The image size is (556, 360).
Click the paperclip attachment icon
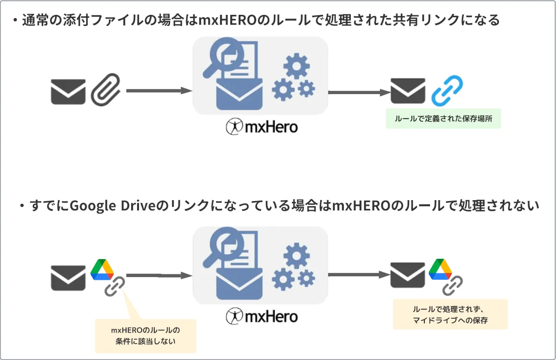[x=106, y=91]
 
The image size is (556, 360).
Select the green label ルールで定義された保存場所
[x=443, y=119]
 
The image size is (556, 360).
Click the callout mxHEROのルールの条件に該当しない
[x=145, y=336]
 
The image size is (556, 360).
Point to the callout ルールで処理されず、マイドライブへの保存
[x=450, y=315]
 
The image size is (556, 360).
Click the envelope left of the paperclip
[x=68, y=91]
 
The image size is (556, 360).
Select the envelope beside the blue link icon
[x=408, y=90]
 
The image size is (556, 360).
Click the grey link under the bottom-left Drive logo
[x=114, y=286]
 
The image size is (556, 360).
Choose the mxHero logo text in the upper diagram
[x=262, y=126]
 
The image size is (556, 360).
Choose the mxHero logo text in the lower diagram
[x=262, y=316]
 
